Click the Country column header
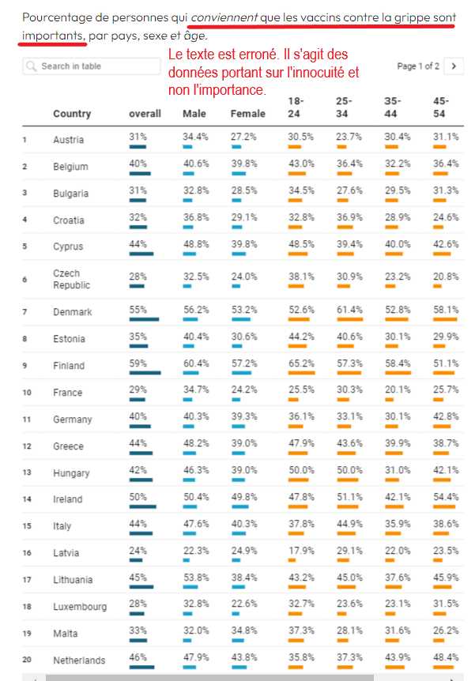tap(72, 114)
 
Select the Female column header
tap(247, 114)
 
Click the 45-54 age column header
tap(441, 107)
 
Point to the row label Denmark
tap(73, 312)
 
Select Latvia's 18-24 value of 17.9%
tap(300, 551)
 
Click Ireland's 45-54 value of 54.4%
tap(446, 497)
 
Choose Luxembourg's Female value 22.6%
tap(243, 604)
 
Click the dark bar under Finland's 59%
tap(145, 372)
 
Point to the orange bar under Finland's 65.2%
tap(302, 372)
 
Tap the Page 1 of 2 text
tap(418, 66)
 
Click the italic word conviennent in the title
tap(224, 17)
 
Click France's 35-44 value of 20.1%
tap(397, 389)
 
